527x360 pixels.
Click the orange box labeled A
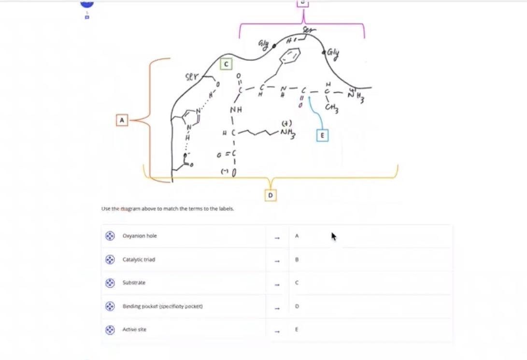pyautogui.click(x=122, y=120)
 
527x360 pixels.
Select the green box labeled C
pyautogui.click(x=226, y=64)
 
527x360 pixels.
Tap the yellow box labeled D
pyautogui.click(x=271, y=195)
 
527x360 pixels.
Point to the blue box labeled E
pyautogui.click(x=322, y=136)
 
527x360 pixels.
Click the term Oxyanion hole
pyautogui.click(x=140, y=236)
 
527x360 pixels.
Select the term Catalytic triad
pyautogui.click(x=139, y=259)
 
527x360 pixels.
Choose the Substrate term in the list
pyautogui.click(x=134, y=283)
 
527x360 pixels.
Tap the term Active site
pyautogui.click(x=134, y=330)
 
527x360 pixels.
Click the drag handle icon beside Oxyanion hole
pyautogui.click(x=110, y=236)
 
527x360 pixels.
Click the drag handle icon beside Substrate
pyautogui.click(x=110, y=283)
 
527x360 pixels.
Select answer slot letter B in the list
pyautogui.click(x=297, y=259)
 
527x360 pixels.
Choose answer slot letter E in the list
pyautogui.click(x=297, y=330)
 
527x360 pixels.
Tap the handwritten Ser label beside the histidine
pyautogui.click(x=192, y=78)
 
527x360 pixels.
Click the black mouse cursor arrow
pyautogui.click(x=333, y=236)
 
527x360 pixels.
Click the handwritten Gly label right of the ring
pyautogui.click(x=332, y=53)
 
